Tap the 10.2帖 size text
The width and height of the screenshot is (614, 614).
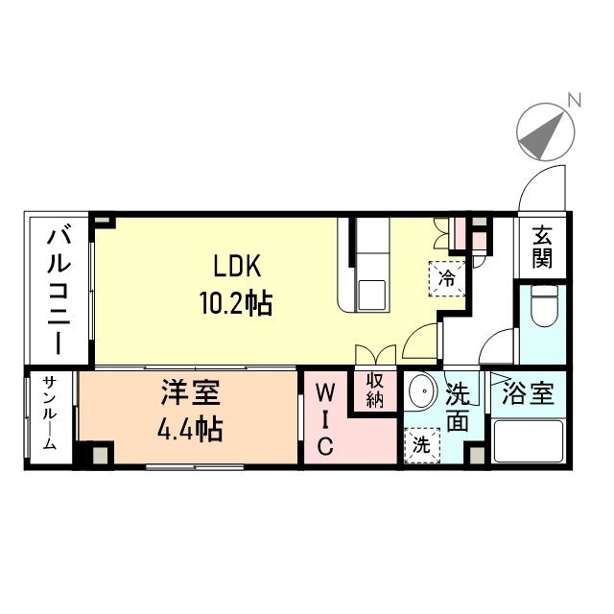point(235,305)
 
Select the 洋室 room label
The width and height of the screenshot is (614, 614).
point(190,393)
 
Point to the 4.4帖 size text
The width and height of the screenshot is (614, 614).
point(190,428)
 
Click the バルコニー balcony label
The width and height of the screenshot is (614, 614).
point(58,288)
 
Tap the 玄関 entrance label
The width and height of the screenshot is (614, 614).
point(544,247)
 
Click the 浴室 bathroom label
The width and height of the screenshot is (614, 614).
point(529,394)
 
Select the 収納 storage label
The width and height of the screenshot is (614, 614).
point(373,391)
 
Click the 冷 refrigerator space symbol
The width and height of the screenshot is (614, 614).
point(446,279)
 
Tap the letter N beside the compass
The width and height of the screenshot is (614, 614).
point(575,98)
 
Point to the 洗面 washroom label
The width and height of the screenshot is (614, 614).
point(459,407)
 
